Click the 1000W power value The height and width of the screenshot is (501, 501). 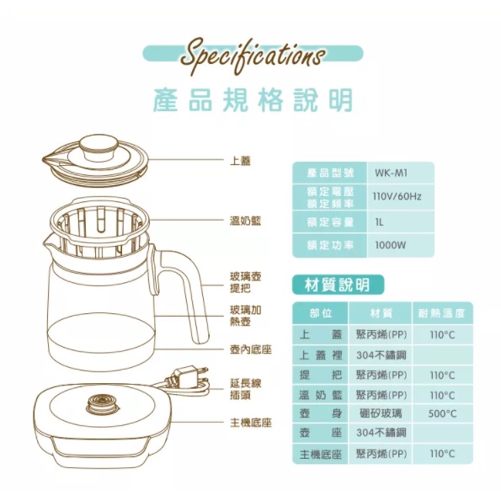pos(390,245)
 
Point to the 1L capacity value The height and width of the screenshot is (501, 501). pos(379,222)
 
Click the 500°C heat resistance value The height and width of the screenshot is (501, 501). pos(442,413)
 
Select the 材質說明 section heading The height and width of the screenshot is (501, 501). pos(337,285)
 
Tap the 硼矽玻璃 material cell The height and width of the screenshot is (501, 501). pos(381,413)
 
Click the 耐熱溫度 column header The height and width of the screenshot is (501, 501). pos(441,313)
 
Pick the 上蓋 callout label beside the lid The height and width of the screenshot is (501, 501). pos(240,161)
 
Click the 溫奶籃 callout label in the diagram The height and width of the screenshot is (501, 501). pos(245,221)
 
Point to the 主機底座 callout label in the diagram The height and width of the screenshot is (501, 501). pos(251,423)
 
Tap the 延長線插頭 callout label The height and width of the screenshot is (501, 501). pos(245,389)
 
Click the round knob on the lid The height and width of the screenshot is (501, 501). pos(99,147)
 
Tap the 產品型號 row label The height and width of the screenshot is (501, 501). pos(330,173)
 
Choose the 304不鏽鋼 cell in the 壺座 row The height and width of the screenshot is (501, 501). pos(381,433)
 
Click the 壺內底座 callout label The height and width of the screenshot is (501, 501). pos(251,349)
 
